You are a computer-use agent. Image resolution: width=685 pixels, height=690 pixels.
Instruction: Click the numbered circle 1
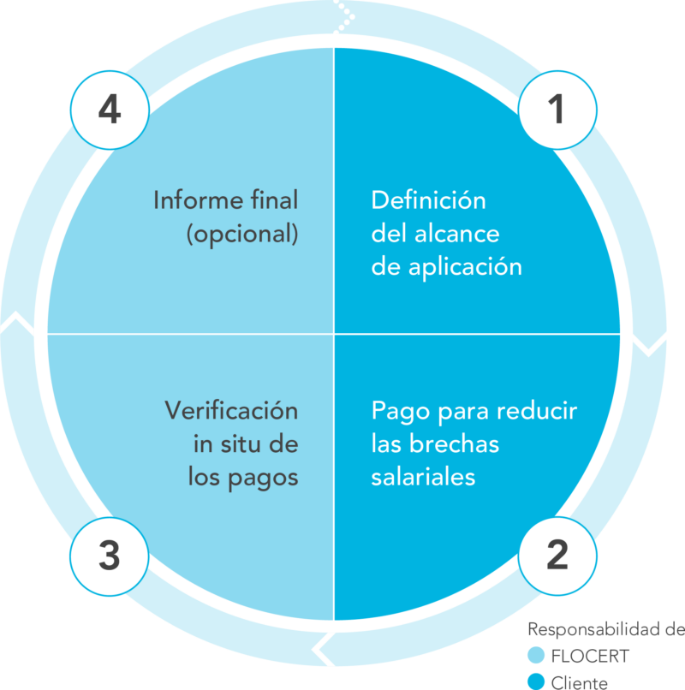[x=557, y=110]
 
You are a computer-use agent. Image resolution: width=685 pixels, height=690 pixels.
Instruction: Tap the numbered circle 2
[x=557, y=556]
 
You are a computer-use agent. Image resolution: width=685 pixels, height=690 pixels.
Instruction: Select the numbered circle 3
[x=110, y=556]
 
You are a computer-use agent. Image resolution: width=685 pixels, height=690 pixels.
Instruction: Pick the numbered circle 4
[x=110, y=110]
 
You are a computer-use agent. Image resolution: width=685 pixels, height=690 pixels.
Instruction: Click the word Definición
[x=428, y=200]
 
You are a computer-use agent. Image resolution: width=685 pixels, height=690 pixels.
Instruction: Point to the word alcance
[x=457, y=233]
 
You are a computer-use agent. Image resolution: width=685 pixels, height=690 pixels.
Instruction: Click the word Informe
[x=199, y=200]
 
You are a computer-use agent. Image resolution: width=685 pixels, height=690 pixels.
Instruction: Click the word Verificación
[x=231, y=411]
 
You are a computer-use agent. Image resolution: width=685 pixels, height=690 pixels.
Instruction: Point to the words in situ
[x=229, y=444]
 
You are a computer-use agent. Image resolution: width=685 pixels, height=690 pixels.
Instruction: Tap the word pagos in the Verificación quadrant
[x=263, y=479]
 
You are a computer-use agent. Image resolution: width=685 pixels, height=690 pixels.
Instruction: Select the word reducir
[x=537, y=411]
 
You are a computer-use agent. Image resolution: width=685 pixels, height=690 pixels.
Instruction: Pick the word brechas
[x=455, y=443]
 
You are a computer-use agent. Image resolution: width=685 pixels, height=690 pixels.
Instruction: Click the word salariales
[x=423, y=477]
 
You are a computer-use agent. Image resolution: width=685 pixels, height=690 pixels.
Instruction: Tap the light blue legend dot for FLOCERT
[x=536, y=655]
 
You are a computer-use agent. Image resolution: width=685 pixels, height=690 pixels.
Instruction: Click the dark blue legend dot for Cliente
[x=536, y=681]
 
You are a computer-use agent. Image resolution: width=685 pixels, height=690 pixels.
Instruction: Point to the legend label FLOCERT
[x=590, y=656]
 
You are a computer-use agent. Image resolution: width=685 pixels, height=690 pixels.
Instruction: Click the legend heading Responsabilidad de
[x=606, y=630]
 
